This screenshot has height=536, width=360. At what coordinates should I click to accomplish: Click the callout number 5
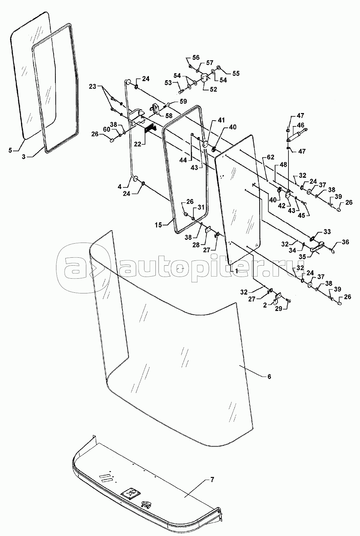10,150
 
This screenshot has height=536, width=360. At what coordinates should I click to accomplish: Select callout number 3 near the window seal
24,157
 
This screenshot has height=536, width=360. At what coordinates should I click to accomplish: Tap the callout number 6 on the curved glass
269,377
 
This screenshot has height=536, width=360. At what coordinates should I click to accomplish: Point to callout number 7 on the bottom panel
212,480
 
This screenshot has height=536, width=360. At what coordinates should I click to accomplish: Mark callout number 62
270,158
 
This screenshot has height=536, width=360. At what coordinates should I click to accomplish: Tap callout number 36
345,243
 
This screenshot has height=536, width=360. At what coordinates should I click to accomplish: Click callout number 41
220,121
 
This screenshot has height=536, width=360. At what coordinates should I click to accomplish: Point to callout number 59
183,102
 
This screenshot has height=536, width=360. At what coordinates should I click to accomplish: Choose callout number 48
283,165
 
